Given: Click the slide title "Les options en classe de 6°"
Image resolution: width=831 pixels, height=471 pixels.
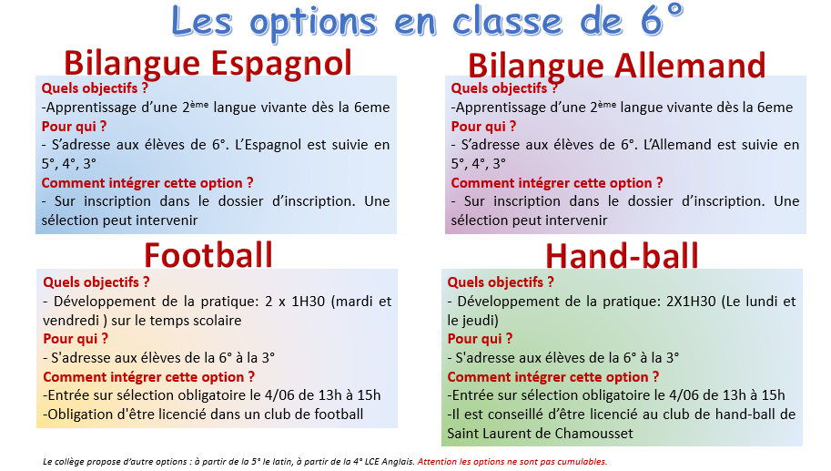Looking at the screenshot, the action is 427,21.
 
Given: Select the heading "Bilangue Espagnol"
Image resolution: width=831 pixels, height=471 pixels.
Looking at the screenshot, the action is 208,64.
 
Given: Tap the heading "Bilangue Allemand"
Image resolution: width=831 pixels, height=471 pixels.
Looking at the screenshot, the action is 617,66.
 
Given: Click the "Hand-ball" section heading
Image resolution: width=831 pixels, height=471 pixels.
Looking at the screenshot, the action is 623,256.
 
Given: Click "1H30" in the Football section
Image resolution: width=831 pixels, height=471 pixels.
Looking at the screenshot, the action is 309,302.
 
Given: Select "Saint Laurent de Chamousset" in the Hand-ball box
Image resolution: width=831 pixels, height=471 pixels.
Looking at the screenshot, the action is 540,434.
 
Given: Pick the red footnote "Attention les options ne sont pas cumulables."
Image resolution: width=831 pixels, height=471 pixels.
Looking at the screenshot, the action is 512,462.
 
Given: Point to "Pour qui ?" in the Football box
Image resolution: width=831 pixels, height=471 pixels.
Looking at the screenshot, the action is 76,339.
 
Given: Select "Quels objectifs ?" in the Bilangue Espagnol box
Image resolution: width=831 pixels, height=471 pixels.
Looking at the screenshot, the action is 95,88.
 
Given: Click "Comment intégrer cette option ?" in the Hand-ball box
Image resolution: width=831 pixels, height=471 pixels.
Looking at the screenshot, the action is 553,377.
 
